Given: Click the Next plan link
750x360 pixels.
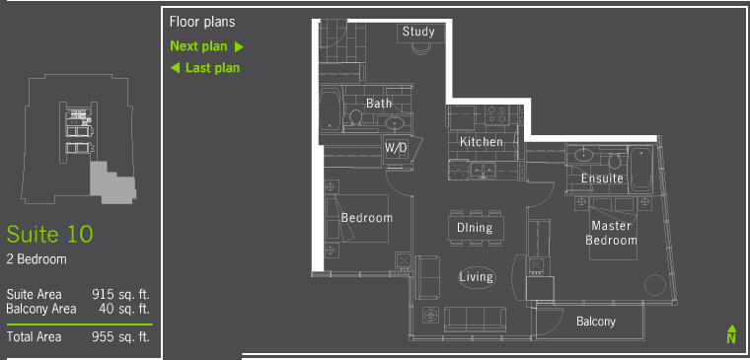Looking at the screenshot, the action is click(x=206, y=46).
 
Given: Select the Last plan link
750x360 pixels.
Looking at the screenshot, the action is click(x=205, y=68).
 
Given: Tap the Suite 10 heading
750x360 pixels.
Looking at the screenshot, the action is click(x=49, y=235).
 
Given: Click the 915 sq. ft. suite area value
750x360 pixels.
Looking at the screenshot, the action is click(x=121, y=294).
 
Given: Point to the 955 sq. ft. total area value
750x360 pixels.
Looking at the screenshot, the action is click(x=121, y=337).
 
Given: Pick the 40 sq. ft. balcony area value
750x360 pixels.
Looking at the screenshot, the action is click(x=124, y=309).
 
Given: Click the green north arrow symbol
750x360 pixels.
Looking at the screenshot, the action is click(x=731, y=334).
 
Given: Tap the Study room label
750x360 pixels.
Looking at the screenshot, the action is click(x=418, y=32).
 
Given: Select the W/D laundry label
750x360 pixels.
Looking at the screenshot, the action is click(x=396, y=149).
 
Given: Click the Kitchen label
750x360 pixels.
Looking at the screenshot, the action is click(x=482, y=142).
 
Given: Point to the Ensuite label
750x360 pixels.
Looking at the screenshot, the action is click(x=602, y=179).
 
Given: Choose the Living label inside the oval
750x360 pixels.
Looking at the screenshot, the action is click(x=476, y=277).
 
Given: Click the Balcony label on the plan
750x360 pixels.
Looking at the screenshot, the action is click(x=595, y=322).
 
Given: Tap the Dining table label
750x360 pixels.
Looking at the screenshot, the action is click(x=475, y=228).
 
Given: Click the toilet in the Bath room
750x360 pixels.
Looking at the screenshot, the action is click(x=355, y=117).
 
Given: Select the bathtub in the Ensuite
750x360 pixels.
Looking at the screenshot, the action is click(x=640, y=169).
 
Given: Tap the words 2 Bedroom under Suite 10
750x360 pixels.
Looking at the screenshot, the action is click(x=37, y=259).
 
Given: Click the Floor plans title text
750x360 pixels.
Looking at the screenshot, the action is click(x=202, y=22).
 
